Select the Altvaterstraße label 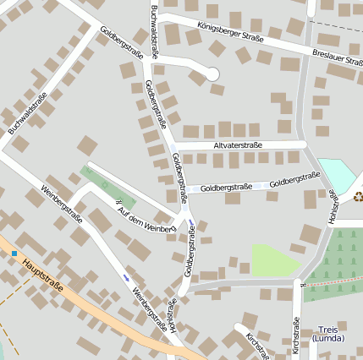click(x=238, y=145)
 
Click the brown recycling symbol click(x=358, y=196)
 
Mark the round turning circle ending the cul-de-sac click(x=213, y=74)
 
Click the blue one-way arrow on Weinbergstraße click(x=127, y=277)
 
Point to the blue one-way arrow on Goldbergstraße click(x=191, y=224)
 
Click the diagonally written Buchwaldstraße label click(x=28, y=113)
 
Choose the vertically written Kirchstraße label click(x=296, y=336)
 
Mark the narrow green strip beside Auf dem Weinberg click(x=108, y=187)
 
